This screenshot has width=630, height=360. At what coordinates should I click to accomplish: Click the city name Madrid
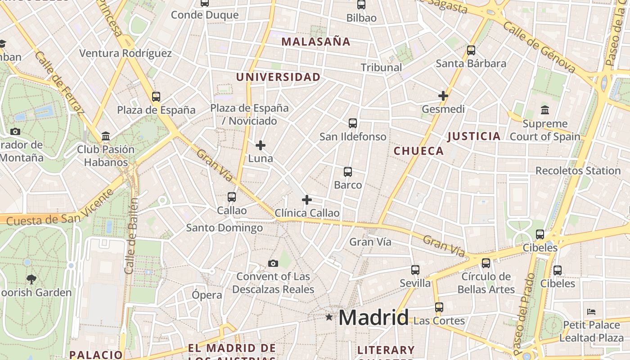373,318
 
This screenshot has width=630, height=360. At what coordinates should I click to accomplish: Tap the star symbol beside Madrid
329,317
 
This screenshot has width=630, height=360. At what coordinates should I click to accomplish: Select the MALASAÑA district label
315,42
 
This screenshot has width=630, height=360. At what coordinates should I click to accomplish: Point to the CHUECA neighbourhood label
418,151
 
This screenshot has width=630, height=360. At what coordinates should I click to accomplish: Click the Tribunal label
381,67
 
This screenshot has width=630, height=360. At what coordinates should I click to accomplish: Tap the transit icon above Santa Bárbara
471,50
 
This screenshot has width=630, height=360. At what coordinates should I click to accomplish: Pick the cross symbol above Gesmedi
443,96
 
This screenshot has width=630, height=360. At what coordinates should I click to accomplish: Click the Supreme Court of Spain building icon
545,110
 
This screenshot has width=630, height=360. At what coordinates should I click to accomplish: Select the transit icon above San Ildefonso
353,123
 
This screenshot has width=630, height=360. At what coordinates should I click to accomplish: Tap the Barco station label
348,185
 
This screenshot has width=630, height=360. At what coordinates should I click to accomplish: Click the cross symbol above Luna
261,145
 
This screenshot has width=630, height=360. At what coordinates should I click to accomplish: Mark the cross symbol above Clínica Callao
307,200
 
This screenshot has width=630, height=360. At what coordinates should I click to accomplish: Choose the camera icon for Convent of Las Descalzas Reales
273,263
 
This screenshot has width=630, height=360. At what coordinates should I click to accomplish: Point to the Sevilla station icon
415,270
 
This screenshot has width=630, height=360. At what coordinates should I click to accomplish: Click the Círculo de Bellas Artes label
486,283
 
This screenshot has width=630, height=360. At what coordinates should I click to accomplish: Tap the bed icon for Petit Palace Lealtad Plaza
591,311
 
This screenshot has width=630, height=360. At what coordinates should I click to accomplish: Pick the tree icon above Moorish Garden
31,279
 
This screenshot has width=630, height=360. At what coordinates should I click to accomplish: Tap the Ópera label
207,295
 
